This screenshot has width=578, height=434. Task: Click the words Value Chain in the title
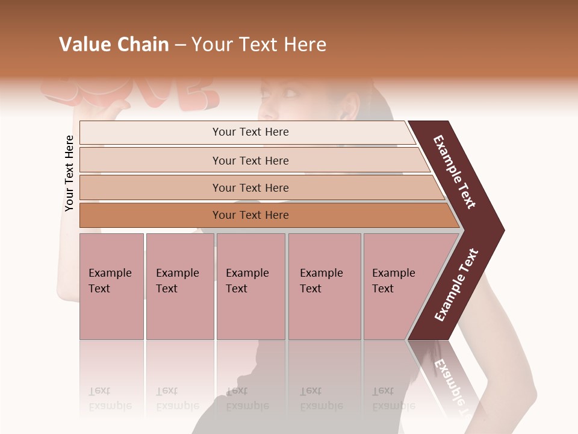point(114,45)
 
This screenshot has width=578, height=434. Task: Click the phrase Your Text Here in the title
point(259,45)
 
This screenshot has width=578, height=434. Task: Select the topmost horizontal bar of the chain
point(247,132)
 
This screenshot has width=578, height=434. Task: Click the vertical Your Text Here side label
point(69,173)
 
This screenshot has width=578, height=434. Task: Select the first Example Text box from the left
point(111,286)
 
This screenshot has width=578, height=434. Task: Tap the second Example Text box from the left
point(179,286)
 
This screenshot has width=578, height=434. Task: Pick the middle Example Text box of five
point(250,286)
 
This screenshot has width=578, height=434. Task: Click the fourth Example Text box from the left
point(324,286)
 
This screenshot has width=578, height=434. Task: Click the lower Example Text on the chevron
point(456,285)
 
